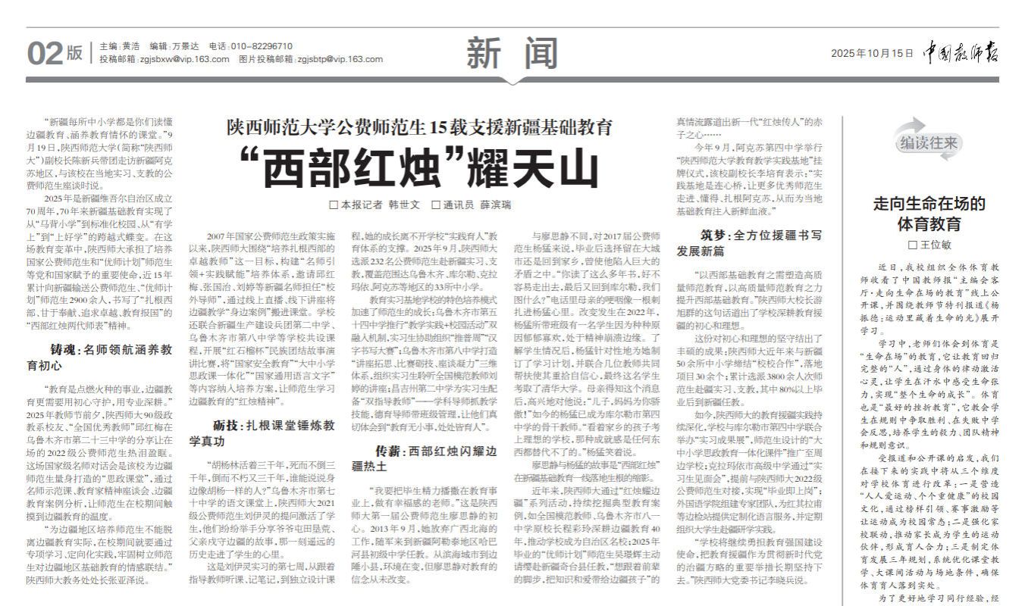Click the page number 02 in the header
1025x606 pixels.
pos(44,53)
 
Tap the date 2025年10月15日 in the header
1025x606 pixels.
pos(872,53)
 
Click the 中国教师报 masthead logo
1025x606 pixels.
pos(961,52)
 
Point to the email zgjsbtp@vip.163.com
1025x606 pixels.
pos(340,59)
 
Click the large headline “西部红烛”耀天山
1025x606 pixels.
pos(421,168)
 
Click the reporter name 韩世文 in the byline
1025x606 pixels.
pos(405,205)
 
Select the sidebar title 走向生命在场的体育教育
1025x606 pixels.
pos(929,214)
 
